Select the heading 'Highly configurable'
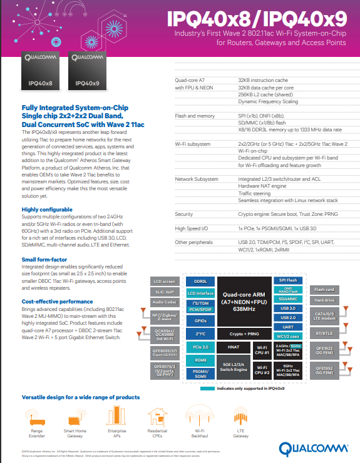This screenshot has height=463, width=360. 48,209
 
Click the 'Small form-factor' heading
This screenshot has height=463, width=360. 45,258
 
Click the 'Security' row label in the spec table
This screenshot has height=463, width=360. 184,214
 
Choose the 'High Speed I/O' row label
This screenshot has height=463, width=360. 191,228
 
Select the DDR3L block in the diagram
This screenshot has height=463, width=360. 200,282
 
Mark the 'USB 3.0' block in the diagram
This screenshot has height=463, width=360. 289,308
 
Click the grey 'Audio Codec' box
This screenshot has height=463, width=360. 165,302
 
